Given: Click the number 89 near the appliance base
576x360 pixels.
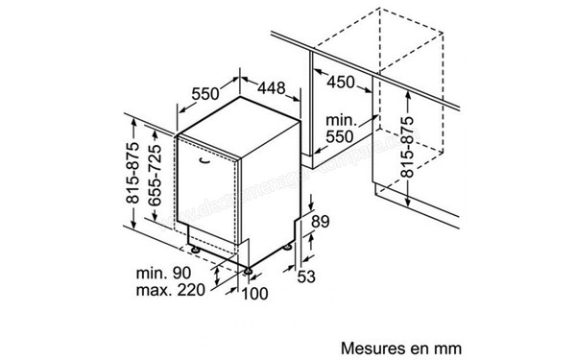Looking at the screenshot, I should click(x=323, y=223).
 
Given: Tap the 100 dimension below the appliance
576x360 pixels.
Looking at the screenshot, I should click(x=254, y=292).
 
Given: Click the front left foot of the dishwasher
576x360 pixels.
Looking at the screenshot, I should click(x=197, y=251).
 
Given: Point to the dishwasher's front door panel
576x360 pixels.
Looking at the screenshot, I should click(x=216, y=192).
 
